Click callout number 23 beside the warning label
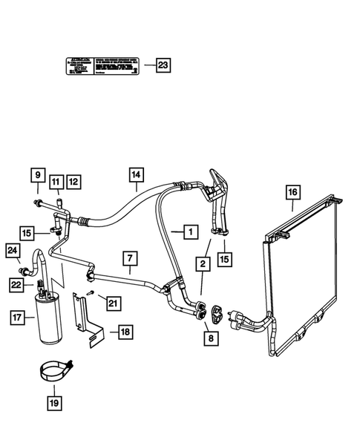163,65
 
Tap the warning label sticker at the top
104,66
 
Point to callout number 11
57,180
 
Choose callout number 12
73,180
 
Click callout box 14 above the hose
135,175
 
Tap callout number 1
191,232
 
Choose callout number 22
16,284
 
